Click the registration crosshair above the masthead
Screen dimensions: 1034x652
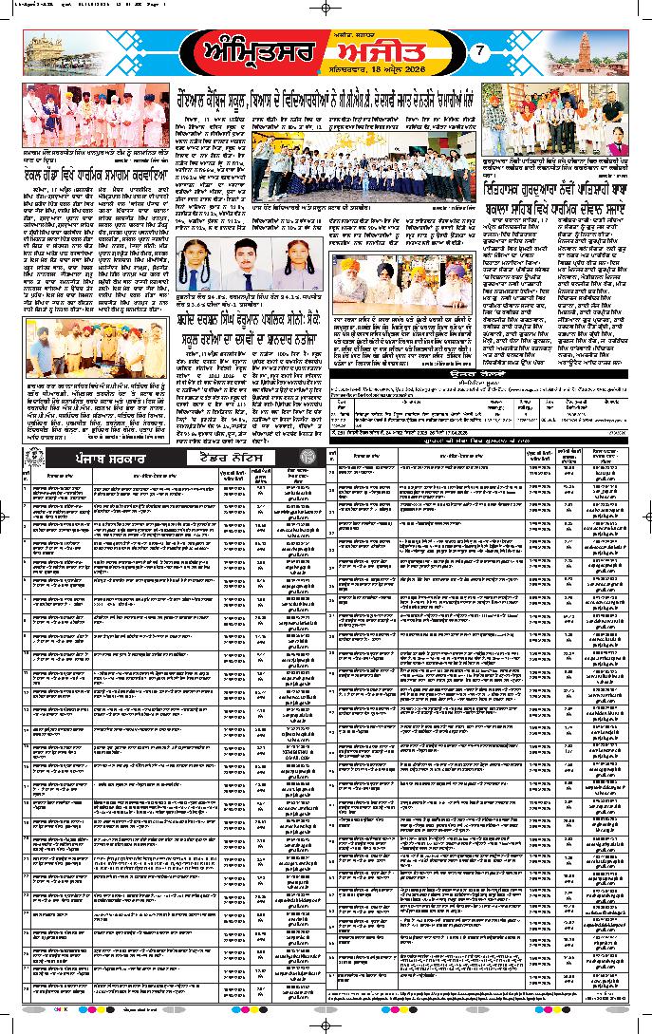(326, 7)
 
